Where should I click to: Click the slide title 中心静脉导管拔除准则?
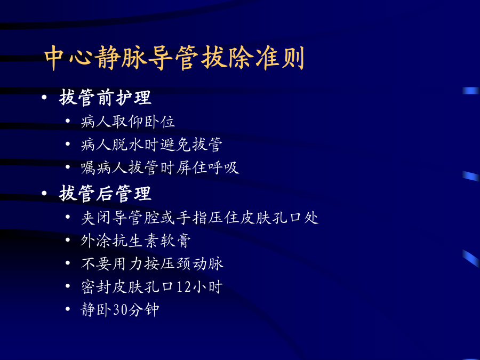[174, 58]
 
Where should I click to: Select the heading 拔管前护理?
[105, 98]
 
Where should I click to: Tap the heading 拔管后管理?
[105, 194]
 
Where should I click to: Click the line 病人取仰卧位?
[128, 122]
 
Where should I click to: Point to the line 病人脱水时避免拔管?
[151, 145]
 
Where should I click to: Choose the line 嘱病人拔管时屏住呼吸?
[160, 168]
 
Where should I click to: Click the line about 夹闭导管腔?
[199, 218]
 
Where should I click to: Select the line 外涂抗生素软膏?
[135, 241]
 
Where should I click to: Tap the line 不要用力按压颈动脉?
[152, 263]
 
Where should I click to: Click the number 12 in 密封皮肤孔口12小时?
[183, 287]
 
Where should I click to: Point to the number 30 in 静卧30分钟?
[120, 310]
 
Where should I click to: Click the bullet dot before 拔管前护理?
[44, 98]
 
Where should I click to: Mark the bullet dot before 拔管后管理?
[44, 194]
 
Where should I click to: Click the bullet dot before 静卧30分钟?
[68, 309]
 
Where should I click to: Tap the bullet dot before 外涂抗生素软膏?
[68, 239]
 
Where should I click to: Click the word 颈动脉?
[200, 263]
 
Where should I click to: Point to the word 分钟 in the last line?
[143, 310]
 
